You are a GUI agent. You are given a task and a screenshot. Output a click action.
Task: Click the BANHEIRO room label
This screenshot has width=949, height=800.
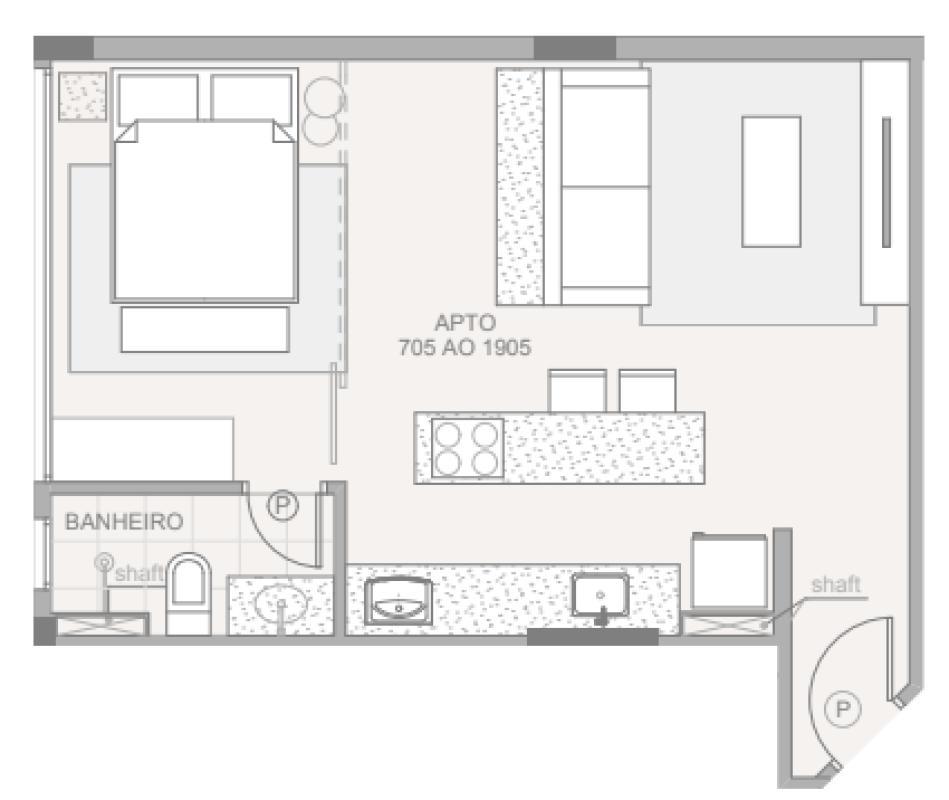pos(123,521)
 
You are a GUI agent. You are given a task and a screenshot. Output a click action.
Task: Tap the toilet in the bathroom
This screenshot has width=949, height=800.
pos(188,594)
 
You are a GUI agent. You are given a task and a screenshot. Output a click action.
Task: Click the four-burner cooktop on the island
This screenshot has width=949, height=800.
pos(467,448)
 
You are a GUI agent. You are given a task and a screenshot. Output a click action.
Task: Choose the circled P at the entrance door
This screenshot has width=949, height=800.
pos(844,710)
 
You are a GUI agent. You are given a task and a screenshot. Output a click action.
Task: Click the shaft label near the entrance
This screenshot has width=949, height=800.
pos(836,584)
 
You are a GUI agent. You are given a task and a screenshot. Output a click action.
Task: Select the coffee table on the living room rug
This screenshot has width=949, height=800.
pos(770,181)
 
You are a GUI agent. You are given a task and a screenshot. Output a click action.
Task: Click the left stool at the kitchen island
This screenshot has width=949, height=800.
pos(577,390)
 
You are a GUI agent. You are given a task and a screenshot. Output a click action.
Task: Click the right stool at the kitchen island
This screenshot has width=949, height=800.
pos(647,390)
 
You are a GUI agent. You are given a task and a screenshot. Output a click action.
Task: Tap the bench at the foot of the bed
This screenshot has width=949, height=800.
pos(204,330)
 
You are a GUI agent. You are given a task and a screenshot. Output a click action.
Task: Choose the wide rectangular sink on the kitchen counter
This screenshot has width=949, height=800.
pos(397,601)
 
